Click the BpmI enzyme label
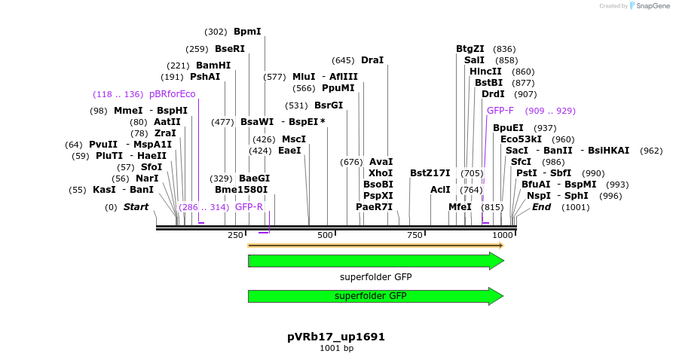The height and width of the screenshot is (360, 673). click(247, 32)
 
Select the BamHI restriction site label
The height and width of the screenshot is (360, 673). click(213, 66)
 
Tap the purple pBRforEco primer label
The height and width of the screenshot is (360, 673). click(172, 94)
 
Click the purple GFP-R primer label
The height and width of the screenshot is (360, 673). click(249, 206)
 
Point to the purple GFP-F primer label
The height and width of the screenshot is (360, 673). click(500, 111)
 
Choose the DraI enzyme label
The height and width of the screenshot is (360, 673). click(372, 60)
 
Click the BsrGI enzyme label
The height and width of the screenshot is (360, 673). click(329, 105)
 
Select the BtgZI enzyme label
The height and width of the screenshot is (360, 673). click(470, 49)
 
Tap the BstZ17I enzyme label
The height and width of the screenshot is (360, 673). click(430, 172)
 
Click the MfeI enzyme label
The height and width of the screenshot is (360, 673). click(460, 206)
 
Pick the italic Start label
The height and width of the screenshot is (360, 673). click(136, 206)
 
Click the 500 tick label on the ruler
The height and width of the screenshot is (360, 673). click(325, 236)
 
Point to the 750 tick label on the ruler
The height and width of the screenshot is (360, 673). click(414, 236)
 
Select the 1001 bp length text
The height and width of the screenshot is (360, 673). click(336, 349)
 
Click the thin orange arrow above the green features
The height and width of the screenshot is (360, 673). click(375, 246)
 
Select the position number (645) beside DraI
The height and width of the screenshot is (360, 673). click(343, 60)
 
